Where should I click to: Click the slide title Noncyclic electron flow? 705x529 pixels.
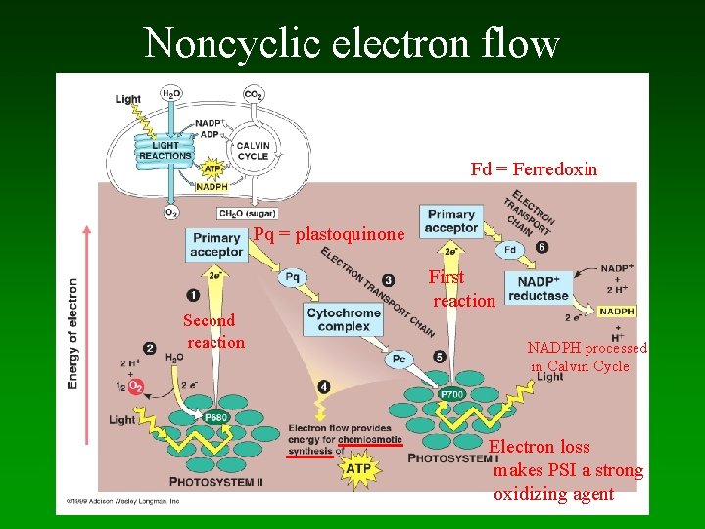pos(352,42)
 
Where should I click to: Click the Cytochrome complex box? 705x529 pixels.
pos(343,319)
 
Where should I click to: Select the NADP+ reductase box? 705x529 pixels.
pos(539,288)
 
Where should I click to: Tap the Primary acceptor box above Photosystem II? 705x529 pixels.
pos(216,245)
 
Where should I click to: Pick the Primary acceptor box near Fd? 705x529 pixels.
pos(450,221)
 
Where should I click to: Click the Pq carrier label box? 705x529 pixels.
pos(291,277)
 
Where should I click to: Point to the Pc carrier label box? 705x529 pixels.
pos(399,358)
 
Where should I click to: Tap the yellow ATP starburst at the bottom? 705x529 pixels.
pos(358,470)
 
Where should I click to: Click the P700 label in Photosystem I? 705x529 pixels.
pos(451,394)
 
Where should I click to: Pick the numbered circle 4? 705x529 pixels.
pos(324,387)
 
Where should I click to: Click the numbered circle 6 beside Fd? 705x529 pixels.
pos(542,247)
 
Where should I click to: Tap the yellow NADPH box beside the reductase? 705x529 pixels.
pos(617,312)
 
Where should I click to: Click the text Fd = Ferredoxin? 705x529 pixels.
pos(534,169)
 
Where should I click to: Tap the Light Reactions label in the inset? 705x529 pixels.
pos(164,151)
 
